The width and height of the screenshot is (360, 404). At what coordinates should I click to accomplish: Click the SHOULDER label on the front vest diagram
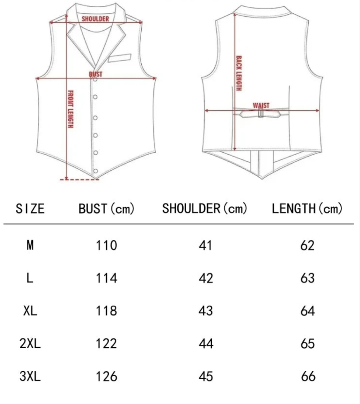coord(95,18)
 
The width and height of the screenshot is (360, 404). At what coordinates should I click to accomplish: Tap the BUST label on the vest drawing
coord(96,74)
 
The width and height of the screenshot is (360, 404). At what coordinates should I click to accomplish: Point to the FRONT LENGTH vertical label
coord(70,109)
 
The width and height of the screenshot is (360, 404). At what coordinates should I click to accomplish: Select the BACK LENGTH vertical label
coord(239,73)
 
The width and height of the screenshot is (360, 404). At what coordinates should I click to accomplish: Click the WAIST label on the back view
coord(261,105)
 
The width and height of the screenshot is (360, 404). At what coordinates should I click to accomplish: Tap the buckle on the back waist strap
coord(261,113)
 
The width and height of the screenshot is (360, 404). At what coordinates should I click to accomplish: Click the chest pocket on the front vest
coord(120,58)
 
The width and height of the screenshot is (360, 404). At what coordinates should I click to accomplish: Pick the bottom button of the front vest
coord(95,171)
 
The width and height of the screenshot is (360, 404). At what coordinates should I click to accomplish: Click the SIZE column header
coord(30,208)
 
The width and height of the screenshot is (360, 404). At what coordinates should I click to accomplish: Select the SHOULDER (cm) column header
coord(205,208)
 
